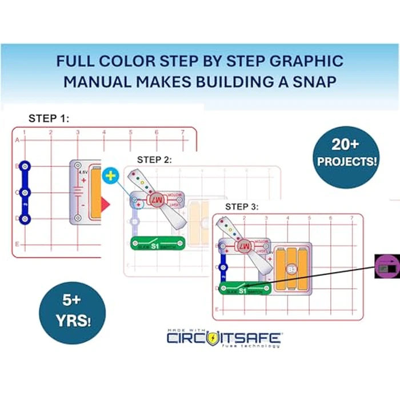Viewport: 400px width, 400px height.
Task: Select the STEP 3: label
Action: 242,206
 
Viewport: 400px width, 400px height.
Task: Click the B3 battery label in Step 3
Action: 291,267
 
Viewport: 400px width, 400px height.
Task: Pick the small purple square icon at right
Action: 386,266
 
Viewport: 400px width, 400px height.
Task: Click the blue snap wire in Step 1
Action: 25,193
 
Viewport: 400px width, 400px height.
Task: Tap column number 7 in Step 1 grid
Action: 182,133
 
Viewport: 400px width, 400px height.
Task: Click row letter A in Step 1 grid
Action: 17,139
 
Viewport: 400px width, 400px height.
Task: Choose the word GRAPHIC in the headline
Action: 309,61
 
